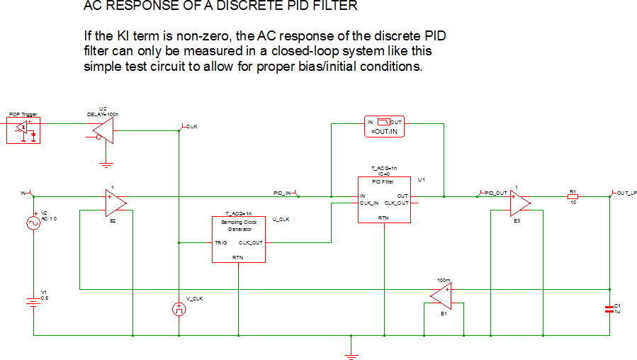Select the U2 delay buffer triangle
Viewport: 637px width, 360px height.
(x=103, y=130)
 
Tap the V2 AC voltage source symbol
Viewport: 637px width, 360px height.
(x=33, y=223)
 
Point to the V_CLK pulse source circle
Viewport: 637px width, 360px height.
(x=179, y=309)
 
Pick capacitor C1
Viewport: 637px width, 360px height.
(x=609, y=308)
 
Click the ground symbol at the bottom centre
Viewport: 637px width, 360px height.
(x=350, y=351)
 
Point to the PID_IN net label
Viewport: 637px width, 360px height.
(x=283, y=193)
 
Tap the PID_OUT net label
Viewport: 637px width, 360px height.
(x=497, y=193)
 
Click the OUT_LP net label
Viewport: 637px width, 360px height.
(x=626, y=193)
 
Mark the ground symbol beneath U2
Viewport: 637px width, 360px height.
(x=106, y=164)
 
